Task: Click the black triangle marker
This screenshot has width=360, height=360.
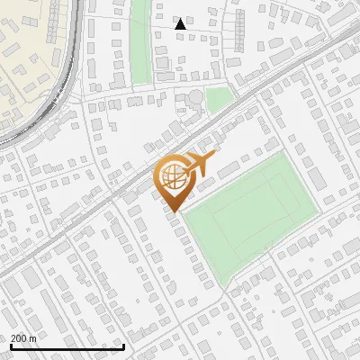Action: (x=181, y=24)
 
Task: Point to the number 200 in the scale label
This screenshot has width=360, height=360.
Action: (x=20, y=338)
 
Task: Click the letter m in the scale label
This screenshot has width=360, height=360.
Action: (x=32, y=338)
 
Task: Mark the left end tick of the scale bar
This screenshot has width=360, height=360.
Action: (x=12, y=346)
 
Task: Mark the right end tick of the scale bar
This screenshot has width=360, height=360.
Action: (x=123, y=346)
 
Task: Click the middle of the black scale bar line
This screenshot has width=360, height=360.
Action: (x=67, y=346)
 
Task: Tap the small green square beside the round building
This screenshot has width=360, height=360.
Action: (x=219, y=99)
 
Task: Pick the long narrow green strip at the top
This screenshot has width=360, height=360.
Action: (x=139, y=40)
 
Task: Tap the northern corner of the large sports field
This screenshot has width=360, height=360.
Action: (x=289, y=153)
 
